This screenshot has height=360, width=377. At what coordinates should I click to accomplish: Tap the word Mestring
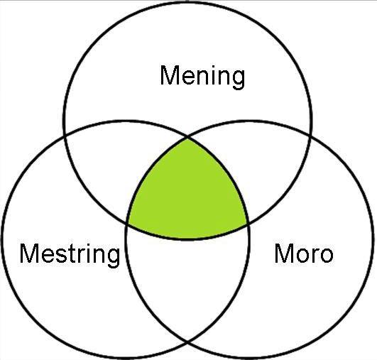pos(70,255)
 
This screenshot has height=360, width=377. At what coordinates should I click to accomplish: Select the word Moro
pos(304,253)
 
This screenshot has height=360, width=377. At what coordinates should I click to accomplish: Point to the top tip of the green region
pos(187,138)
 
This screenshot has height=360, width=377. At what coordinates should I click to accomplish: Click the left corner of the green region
pos(127,224)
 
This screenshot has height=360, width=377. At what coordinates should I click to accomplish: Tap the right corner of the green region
pos(248,224)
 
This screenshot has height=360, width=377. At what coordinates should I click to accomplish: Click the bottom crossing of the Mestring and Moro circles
pos(187,342)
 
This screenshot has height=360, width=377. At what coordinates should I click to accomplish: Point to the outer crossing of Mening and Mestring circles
pos(65,137)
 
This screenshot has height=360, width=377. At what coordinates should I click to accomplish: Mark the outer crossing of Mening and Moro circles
pos(310,137)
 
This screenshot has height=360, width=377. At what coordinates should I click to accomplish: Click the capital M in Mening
pos(170,75)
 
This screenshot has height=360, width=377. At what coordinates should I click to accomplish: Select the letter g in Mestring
pos(112,258)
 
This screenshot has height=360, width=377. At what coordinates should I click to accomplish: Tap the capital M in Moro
pos(284,253)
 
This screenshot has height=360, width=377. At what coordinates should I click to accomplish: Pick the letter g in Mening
pos(238,80)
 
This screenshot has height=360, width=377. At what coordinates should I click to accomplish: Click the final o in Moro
pos(326,256)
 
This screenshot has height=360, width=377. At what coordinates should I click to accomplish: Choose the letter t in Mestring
pos(72,254)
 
